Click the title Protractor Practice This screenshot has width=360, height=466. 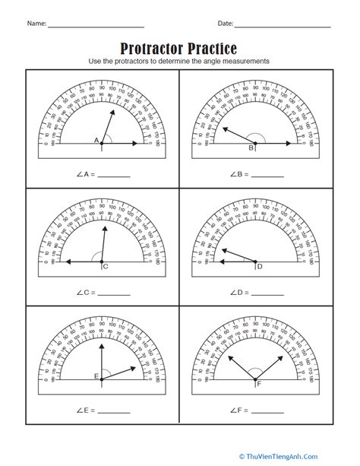179,49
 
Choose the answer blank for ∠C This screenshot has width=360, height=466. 114,293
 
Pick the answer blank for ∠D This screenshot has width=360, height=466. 267,293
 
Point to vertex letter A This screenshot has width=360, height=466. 96,141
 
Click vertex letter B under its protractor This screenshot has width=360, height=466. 251,148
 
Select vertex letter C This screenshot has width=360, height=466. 105,266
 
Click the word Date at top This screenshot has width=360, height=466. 226,25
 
